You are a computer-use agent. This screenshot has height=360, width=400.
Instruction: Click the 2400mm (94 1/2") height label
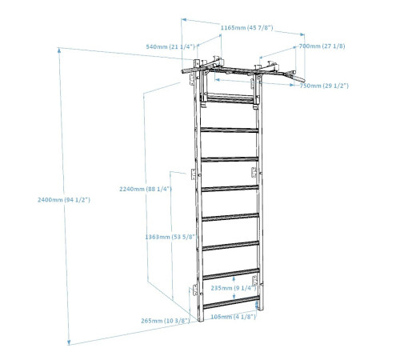click(64, 200)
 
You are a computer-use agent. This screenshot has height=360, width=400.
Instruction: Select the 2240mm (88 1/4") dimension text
click(146, 189)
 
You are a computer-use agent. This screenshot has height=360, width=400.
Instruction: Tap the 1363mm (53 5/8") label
click(170, 237)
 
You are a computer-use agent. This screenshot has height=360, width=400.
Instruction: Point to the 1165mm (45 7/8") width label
click(246, 28)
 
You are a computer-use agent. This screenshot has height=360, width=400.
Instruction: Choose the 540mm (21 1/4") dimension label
click(170, 46)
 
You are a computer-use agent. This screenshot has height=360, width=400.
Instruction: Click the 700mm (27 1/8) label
click(322, 46)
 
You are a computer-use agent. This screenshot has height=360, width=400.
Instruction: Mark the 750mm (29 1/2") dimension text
click(324, 86)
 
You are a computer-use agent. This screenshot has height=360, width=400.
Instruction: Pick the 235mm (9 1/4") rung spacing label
click(234, 288)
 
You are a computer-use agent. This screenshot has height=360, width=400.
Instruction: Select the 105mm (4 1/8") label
click(234, 317)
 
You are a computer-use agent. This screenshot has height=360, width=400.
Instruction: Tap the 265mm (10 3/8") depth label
click(166, 321)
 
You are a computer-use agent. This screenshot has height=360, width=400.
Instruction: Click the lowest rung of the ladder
click(231, 302)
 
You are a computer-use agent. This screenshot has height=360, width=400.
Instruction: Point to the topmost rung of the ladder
click(230, 98)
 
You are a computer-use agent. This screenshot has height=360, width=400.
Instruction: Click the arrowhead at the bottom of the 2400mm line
click(69, 342)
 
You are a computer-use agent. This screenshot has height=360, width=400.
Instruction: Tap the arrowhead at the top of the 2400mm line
click(59, 50)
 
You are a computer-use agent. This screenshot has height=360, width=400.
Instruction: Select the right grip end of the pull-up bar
click(299, 79)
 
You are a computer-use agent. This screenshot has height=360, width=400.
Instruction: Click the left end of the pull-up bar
click(185, 71)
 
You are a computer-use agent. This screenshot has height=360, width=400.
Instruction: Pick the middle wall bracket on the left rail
click(194, 174)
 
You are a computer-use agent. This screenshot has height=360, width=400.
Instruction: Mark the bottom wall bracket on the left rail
click(195, 290)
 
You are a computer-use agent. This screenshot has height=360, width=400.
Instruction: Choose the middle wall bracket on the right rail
click(254, 172)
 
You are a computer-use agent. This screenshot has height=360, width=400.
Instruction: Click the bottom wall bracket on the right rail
click(255, 281)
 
